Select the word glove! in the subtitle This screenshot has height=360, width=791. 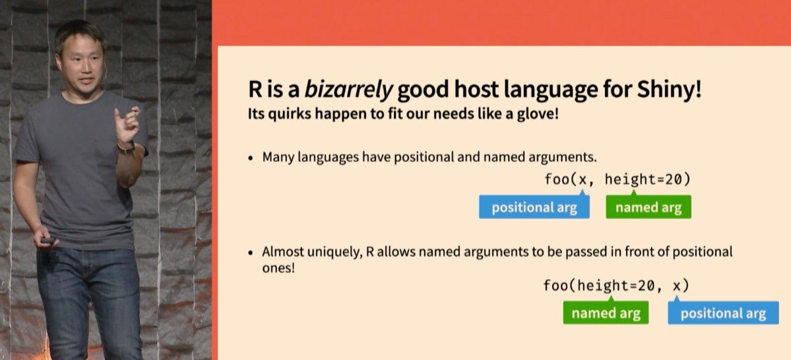click(536, 113)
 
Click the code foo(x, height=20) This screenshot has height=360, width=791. click(617, 179)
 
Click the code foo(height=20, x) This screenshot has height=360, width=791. click(616, 285)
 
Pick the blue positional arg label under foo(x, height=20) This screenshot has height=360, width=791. click(534, 208)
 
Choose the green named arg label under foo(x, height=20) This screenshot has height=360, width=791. click(649, 208)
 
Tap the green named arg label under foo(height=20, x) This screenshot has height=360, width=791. click(605, 313)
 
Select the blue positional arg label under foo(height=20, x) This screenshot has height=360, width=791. click(723, 313)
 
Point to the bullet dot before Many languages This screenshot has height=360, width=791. click(251, 159)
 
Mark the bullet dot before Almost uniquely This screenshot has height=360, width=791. click(251, 253)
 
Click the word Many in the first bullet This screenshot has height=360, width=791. click(276, 158)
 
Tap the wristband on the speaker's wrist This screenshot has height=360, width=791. click(125, 147)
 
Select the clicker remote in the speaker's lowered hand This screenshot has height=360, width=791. click(47, 241)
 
